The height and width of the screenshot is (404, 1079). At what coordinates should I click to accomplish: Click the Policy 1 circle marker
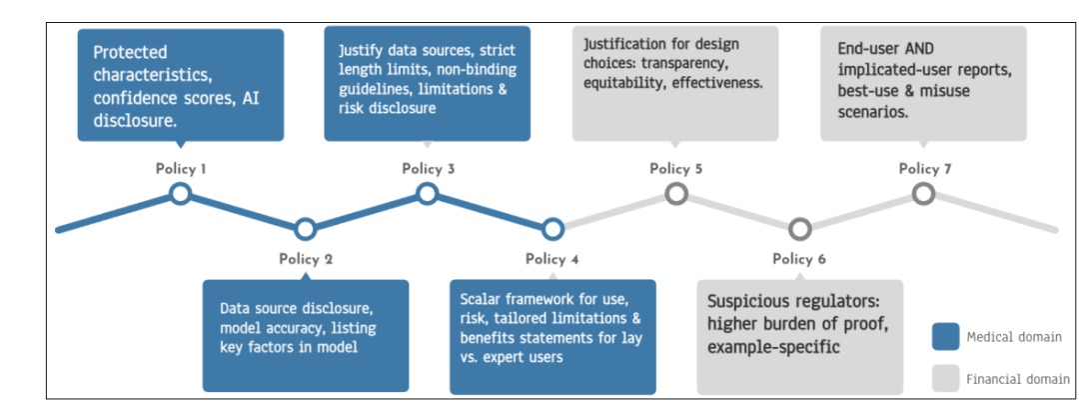tap(181, 193)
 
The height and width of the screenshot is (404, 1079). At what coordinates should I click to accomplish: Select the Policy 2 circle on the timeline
tap(306, 229)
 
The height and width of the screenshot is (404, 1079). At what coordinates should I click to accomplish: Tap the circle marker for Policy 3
tap(428, 193)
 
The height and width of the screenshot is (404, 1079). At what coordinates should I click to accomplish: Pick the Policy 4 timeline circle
tap(552, 229)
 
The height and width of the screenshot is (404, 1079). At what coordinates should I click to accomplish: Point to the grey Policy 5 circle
tap(676, 193)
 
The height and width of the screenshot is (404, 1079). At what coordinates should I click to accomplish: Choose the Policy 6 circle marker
tap(800, 229)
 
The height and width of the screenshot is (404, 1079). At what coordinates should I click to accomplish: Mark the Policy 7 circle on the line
tap(925, 193)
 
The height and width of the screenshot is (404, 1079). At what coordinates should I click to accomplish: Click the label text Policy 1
tap(182, 169)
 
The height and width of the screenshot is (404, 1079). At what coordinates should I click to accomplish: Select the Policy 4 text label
tap(552, 260)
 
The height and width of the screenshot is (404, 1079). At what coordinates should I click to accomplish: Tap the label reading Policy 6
tap(799, 260)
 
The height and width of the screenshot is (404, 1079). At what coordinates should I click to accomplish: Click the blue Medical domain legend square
tap(945, 337)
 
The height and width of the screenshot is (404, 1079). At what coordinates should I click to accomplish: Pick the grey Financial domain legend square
tap(945, 379)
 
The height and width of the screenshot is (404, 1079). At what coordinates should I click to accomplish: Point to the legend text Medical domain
tap(1014, 337)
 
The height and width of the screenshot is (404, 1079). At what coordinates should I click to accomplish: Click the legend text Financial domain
tap(1017, 380)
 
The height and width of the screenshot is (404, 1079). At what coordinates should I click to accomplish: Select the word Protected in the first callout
tap(131, 52)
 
